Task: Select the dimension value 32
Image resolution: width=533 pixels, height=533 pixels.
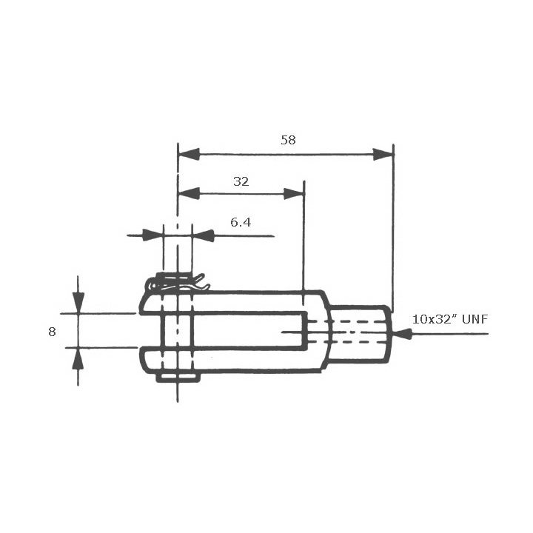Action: [x=241, y=181]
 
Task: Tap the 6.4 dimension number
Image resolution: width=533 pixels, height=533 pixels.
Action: [x=241, y=222]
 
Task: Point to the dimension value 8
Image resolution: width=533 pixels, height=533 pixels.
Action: [x=52, y=332]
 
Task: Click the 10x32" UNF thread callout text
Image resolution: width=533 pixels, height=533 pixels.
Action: [x=450, y=319]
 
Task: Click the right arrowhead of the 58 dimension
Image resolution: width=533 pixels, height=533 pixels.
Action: [x=383, y=154]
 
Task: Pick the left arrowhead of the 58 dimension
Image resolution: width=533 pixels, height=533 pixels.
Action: [x=190, y=154]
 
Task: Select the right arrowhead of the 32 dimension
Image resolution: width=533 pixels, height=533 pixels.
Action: [x=294, y=193]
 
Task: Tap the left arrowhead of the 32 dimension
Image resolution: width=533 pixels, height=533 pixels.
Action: [x=190, y=193]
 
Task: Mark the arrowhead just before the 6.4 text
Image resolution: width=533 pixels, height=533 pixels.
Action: [x=203, y=235]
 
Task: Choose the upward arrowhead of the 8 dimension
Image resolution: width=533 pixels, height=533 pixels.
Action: [x=78, y=358]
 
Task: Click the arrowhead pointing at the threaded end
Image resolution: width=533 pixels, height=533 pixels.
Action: [x=402, y=334]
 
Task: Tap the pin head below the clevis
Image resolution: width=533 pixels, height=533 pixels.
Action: [x=178, y=378]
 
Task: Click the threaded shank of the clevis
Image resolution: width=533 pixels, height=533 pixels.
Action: [x=360, y=334]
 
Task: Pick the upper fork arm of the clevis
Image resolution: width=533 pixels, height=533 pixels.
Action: [x=237, y=302]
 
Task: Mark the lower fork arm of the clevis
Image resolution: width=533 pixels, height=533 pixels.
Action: [x=237, y=359]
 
